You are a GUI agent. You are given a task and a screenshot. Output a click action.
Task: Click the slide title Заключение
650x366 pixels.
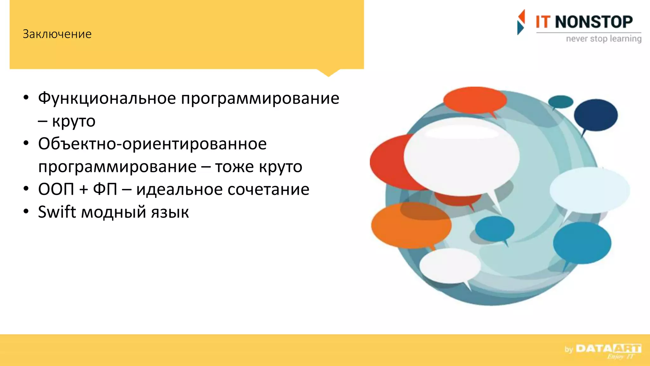(57, 34)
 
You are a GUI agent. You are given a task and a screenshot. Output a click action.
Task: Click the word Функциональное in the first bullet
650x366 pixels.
(107, 98)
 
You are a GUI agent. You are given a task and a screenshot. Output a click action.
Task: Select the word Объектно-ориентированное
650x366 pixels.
(152, 144)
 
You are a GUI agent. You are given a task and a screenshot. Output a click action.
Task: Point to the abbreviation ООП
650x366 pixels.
(56, 189)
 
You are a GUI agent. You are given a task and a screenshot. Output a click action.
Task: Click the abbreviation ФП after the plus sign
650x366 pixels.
(105, 189)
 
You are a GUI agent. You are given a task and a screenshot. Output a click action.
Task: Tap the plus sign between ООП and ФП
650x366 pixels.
(84, 190)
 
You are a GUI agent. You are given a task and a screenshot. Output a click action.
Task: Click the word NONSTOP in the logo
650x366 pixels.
(594, 22)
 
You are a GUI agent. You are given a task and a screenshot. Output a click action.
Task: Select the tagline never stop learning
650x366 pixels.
(604, 39)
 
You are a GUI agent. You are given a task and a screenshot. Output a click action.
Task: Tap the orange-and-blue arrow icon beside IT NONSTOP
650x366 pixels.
(521, 22)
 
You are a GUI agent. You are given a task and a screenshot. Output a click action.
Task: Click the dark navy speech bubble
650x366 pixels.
(596, 115)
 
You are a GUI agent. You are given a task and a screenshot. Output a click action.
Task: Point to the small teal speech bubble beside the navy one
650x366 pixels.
(560, 102)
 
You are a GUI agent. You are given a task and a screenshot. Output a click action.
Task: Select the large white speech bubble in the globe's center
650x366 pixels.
(461, 156)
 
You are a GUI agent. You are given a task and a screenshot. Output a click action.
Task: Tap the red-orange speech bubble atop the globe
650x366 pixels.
(475, 100)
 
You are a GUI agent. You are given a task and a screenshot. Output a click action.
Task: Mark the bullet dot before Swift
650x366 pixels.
(26, 211)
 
